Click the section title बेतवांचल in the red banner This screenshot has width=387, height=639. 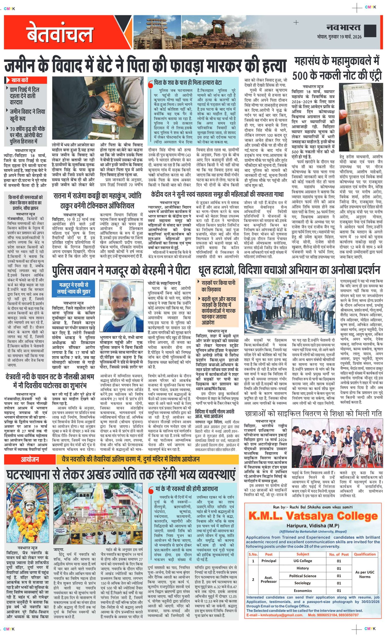[x=60, y=33]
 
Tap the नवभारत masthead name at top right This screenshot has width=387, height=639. [x=343, y=27]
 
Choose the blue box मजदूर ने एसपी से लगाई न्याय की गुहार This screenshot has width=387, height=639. [x=74, y=288]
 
